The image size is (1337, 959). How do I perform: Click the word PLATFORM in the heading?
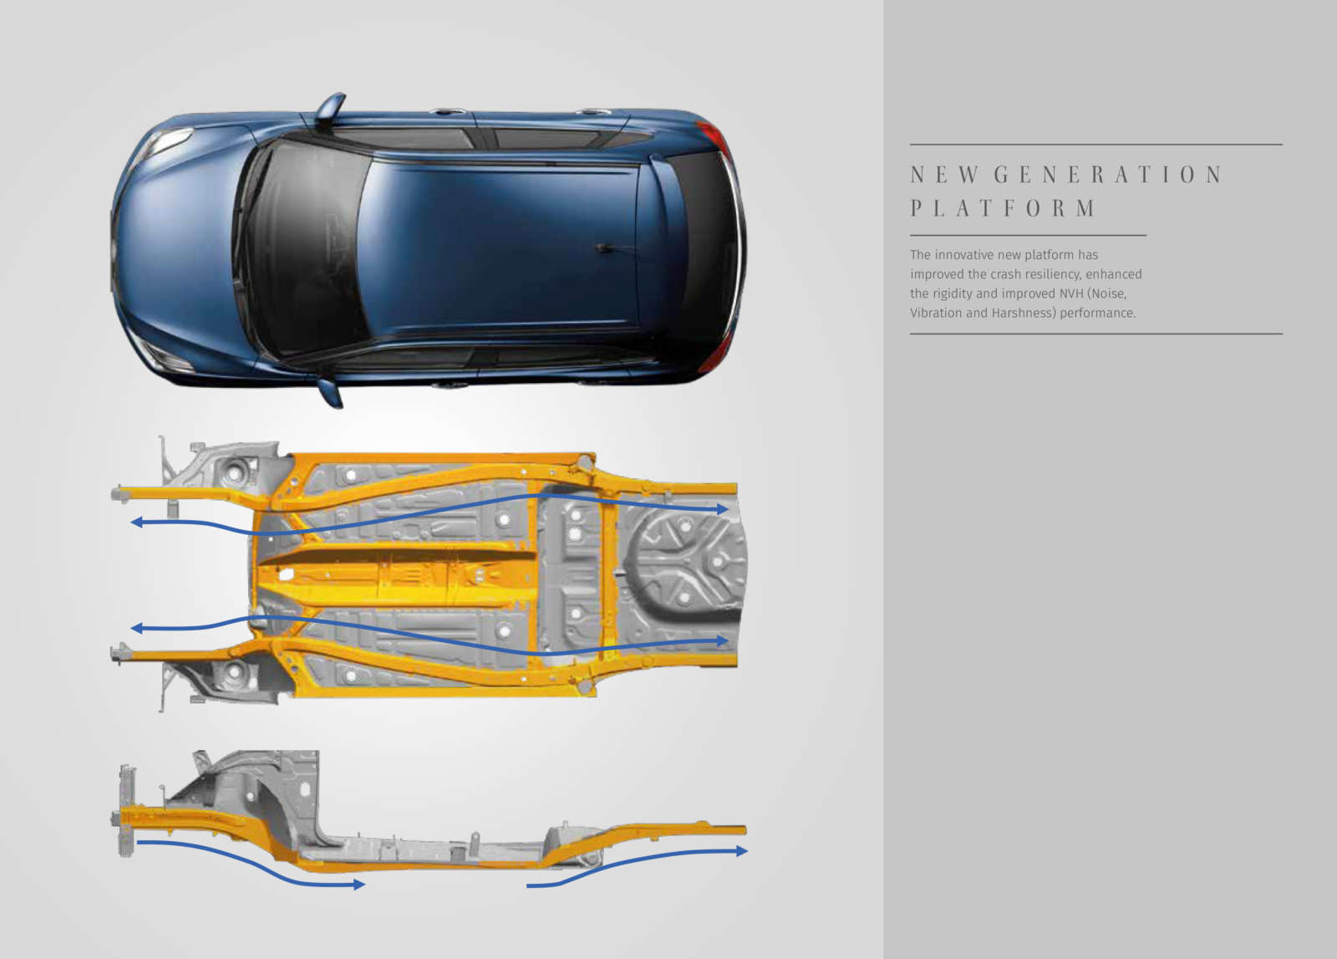pos(1004,208)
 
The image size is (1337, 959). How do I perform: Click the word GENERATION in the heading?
pos(1108,175)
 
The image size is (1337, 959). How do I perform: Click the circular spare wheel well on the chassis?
pos(686,560)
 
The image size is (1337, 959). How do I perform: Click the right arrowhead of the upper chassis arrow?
pos(723,508)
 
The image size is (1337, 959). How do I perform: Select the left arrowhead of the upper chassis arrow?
pos(136,523)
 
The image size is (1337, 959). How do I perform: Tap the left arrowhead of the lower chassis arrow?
pos(136,628)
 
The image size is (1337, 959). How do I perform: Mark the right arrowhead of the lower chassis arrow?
pos(723,640)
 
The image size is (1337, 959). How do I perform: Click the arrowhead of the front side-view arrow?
pos(358,885)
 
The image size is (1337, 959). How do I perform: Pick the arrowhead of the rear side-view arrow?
pos(742,851)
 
